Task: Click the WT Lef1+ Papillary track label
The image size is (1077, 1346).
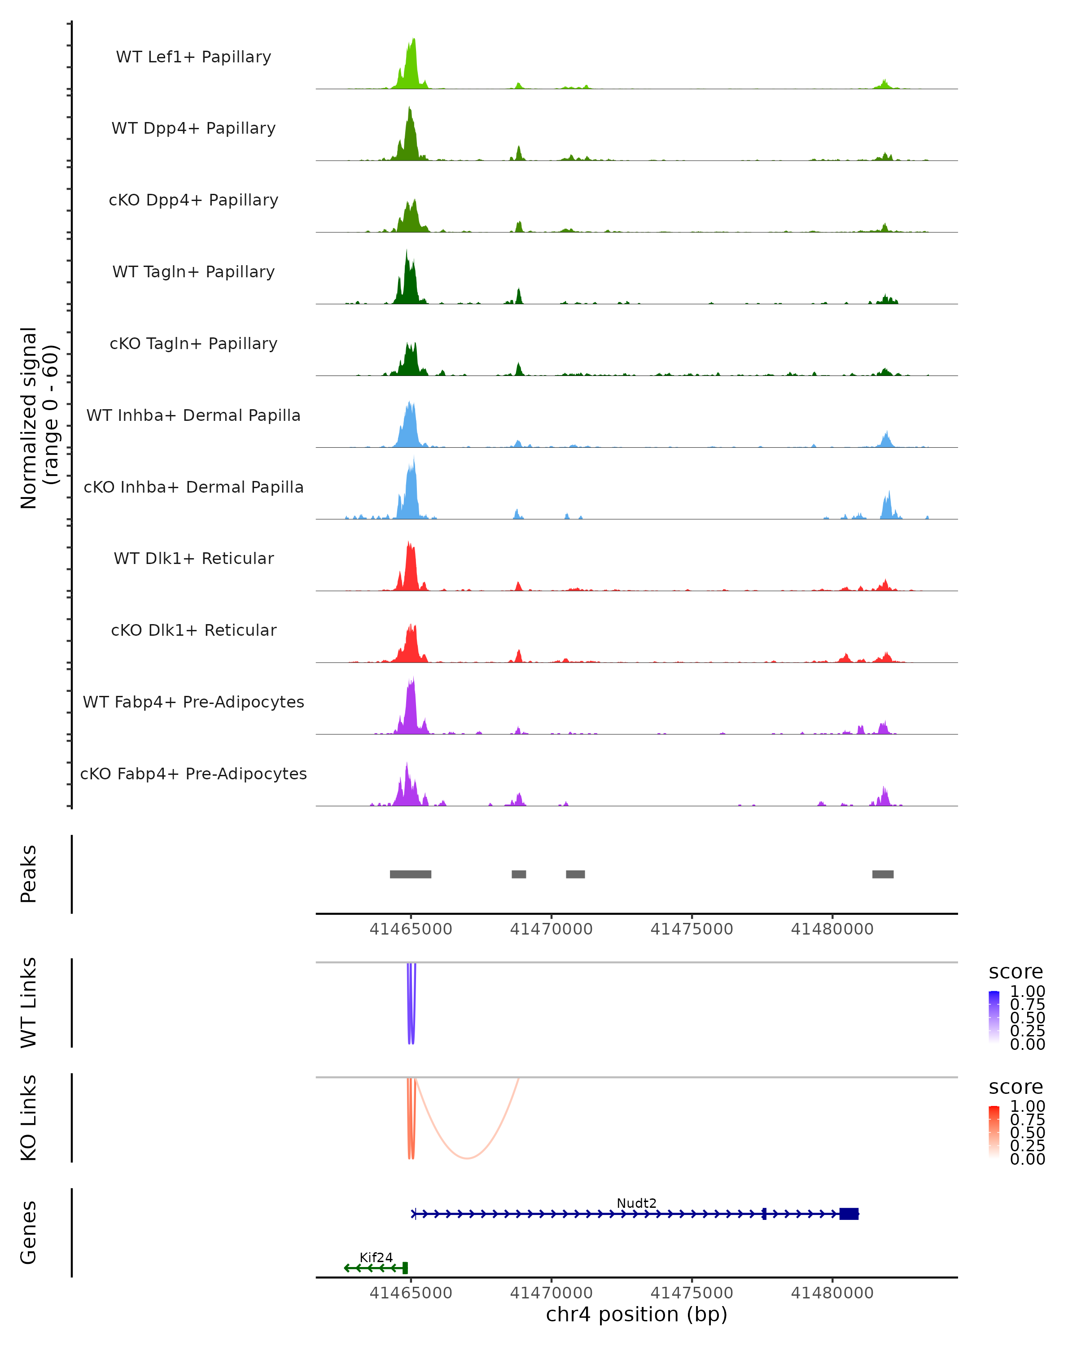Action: (x=193, y=57)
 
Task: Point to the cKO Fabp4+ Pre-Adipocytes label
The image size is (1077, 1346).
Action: (x=193, y=774)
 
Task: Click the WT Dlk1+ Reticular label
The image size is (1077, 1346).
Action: (x=193, y=558)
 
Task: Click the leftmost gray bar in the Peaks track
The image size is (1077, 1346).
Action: (x=410, y=874)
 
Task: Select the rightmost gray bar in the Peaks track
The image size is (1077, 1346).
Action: (x=882, y=874)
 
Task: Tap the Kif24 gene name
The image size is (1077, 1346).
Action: (x=376, y=1257)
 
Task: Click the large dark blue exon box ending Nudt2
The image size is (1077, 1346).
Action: (x=849, y=1214)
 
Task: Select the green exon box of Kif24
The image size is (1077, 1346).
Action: (x=405, y=1268)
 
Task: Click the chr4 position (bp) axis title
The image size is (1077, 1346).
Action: (x=636, y=1315)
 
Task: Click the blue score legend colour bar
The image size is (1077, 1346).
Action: (x=994, y=1017)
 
